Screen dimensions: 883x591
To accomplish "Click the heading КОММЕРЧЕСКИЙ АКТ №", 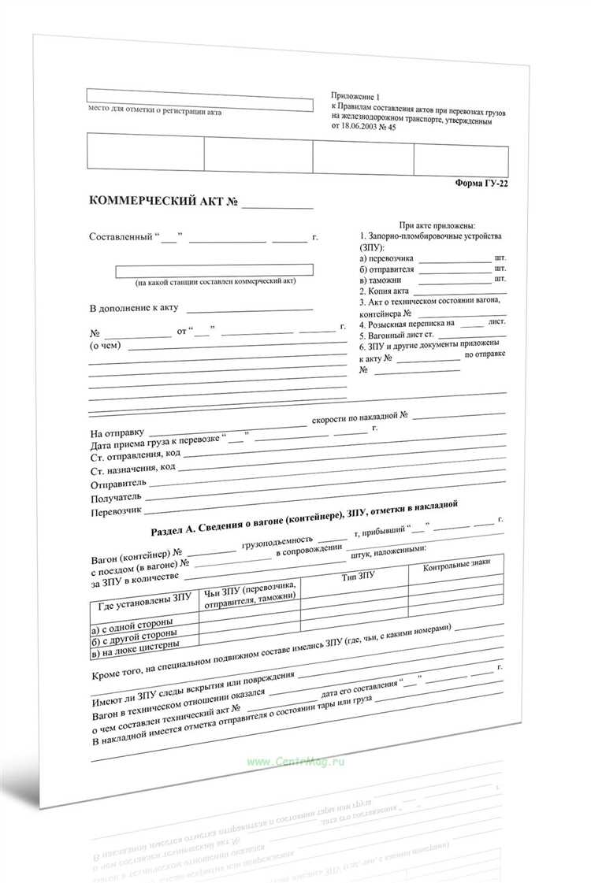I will pos(164,202).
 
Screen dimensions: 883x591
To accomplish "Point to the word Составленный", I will pos(121,237).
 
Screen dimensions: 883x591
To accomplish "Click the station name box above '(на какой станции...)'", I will pos(214,269).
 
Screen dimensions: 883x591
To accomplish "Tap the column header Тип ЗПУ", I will pos(358,577).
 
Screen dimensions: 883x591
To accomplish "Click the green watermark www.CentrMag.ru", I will pos(295,762).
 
